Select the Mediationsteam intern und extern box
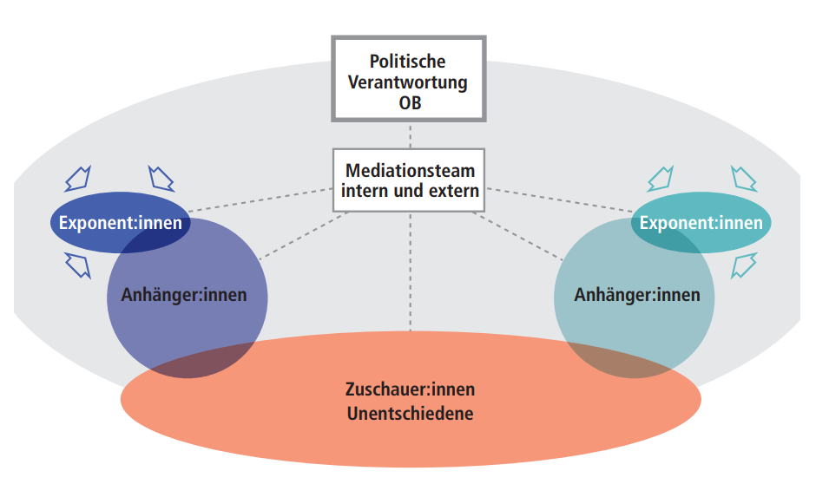click(408, 180)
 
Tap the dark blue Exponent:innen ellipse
click(120, 223)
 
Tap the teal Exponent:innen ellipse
click(701, 222)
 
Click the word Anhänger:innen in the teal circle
click(637, 295)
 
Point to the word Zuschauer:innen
click(410, 390)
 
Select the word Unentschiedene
click(410, 413)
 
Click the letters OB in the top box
click(407, 104)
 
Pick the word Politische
click(407, 62)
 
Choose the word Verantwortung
click(407, 83)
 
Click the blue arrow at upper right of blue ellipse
click(161, 177)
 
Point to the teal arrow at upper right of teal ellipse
click(743, 179)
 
